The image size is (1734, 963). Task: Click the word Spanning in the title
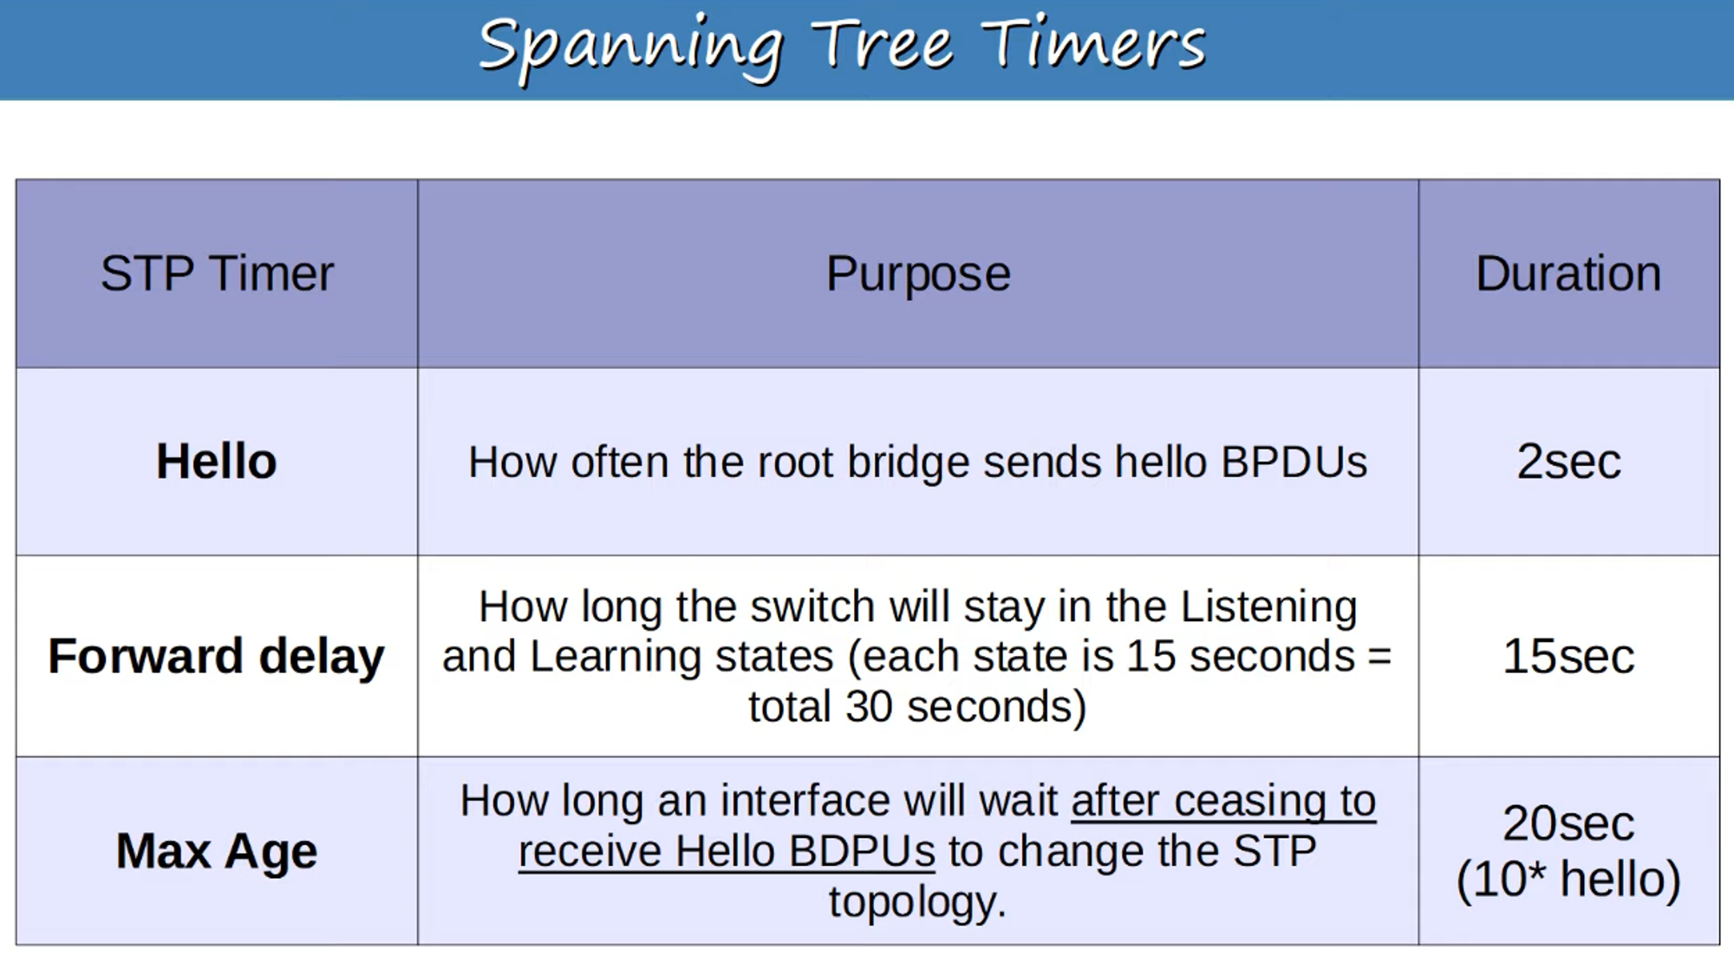tap(631, 47)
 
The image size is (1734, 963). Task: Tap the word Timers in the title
tap(1093, 45)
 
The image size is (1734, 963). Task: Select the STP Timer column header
tap(217, 274)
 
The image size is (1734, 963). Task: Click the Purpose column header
tap(918, 274)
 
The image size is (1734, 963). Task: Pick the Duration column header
tap(1568, 274)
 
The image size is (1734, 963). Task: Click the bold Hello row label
tap(217, 461)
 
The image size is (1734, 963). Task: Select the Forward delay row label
tap(217, 656)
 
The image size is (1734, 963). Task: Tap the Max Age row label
tap(217, 851)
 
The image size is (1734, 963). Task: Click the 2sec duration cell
tap(1568, 461)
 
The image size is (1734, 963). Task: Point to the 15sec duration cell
tap(1568, 656)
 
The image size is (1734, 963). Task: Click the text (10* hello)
tap(1568, 879)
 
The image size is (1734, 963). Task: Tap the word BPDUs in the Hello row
tap(1294, 462)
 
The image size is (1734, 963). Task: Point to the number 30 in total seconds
tap(869, 706)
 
